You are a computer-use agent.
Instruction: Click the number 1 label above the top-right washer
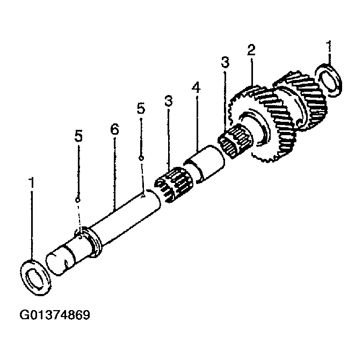tap(329, 48)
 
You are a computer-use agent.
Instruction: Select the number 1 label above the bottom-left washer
tap(32, 183)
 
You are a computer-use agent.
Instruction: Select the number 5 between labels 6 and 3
tap(141, 108)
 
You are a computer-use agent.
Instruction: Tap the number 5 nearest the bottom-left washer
tap(78, 136)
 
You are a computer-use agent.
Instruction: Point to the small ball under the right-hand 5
tap(141, 158)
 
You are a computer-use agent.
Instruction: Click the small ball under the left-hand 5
tap(78, 200)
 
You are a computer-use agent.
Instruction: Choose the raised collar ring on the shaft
tap(95, 241)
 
